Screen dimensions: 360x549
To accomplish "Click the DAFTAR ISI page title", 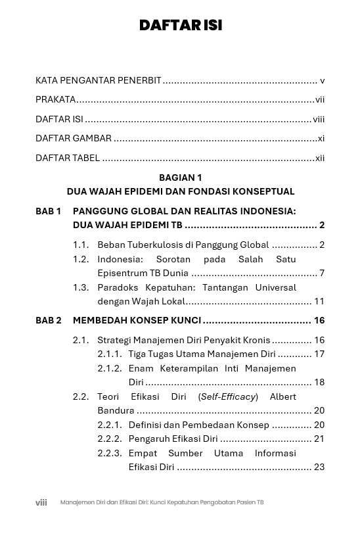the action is [180, 26].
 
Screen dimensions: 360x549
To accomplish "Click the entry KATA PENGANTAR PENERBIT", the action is [99, 81].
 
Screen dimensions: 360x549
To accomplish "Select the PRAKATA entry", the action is [56, 100].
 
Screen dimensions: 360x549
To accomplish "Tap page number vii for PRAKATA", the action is [320, 100].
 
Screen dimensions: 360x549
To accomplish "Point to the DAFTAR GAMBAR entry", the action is [74, 139].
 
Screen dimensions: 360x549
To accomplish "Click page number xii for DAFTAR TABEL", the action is [320, 158].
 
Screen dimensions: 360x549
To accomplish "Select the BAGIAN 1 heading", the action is [180, 178].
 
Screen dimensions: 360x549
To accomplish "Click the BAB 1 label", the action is [48, 212].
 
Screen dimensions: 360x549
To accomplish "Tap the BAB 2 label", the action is [48, 321].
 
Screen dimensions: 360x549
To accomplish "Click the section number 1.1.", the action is [81, 245].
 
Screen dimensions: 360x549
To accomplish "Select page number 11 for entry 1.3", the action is [319, 302].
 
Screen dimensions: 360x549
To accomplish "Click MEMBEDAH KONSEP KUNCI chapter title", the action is [137, 321].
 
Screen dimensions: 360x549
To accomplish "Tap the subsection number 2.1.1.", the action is [110, 354].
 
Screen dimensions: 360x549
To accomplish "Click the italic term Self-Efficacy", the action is [228, 397].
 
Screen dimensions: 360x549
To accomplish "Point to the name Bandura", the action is [116, 411].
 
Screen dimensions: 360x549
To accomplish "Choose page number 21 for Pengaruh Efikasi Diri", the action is [319, 439].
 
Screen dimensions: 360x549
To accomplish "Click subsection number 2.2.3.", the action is [110, 454].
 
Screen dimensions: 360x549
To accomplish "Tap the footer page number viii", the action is [41, 502].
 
